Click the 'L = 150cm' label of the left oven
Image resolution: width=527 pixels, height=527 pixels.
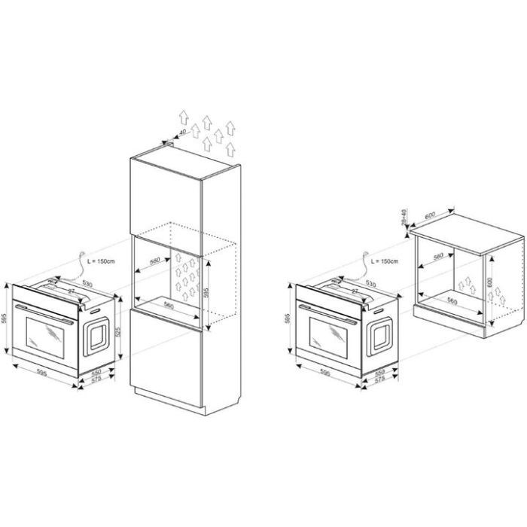[x=100, y=260]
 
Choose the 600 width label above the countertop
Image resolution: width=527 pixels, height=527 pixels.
[x=431, y=215]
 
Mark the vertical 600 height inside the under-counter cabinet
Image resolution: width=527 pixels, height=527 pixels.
[x=492, y=282]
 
